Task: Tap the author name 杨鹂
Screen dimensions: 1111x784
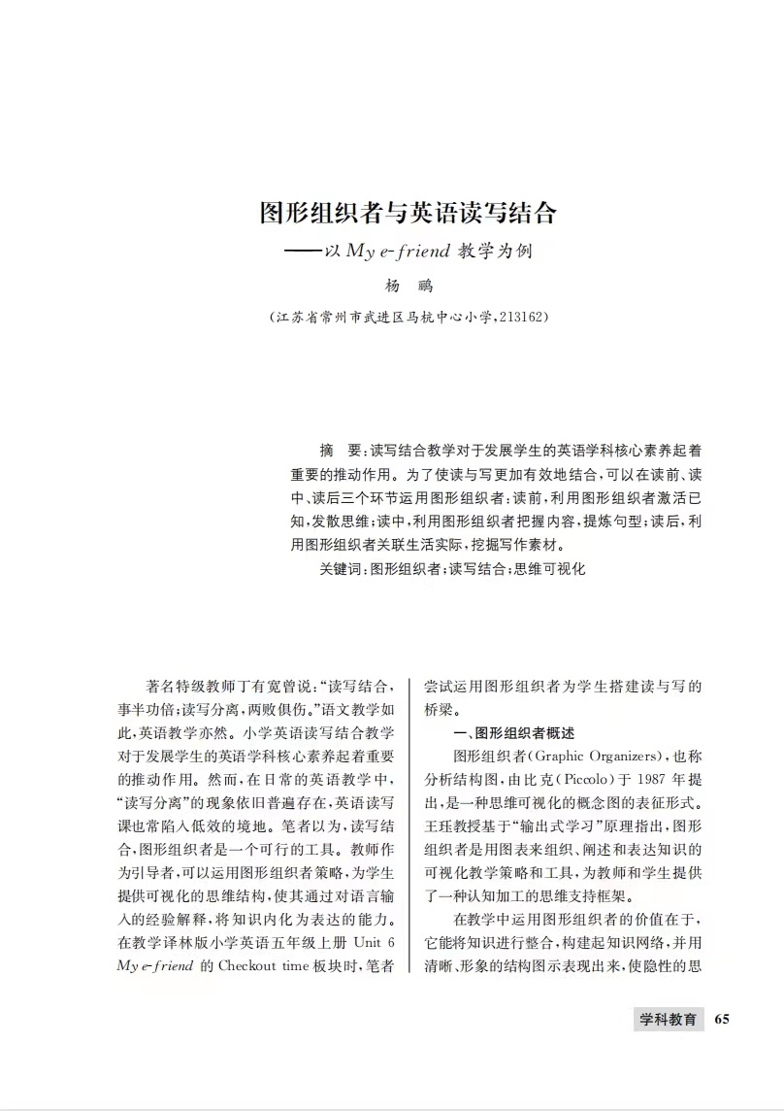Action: (408, 286)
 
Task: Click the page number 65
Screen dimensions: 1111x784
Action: (721, 1019)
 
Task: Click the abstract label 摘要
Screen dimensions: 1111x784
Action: (339, 452)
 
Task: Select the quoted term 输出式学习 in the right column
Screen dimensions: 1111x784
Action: (523, 825)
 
